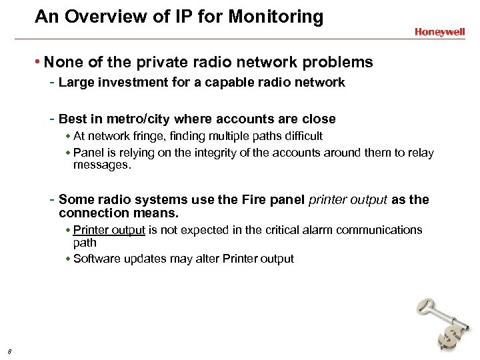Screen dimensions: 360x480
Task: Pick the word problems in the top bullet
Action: (x=335, y=62)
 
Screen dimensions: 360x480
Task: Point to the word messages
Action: (x=102, y=165)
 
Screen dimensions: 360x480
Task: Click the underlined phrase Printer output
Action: (x=109, y=230)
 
